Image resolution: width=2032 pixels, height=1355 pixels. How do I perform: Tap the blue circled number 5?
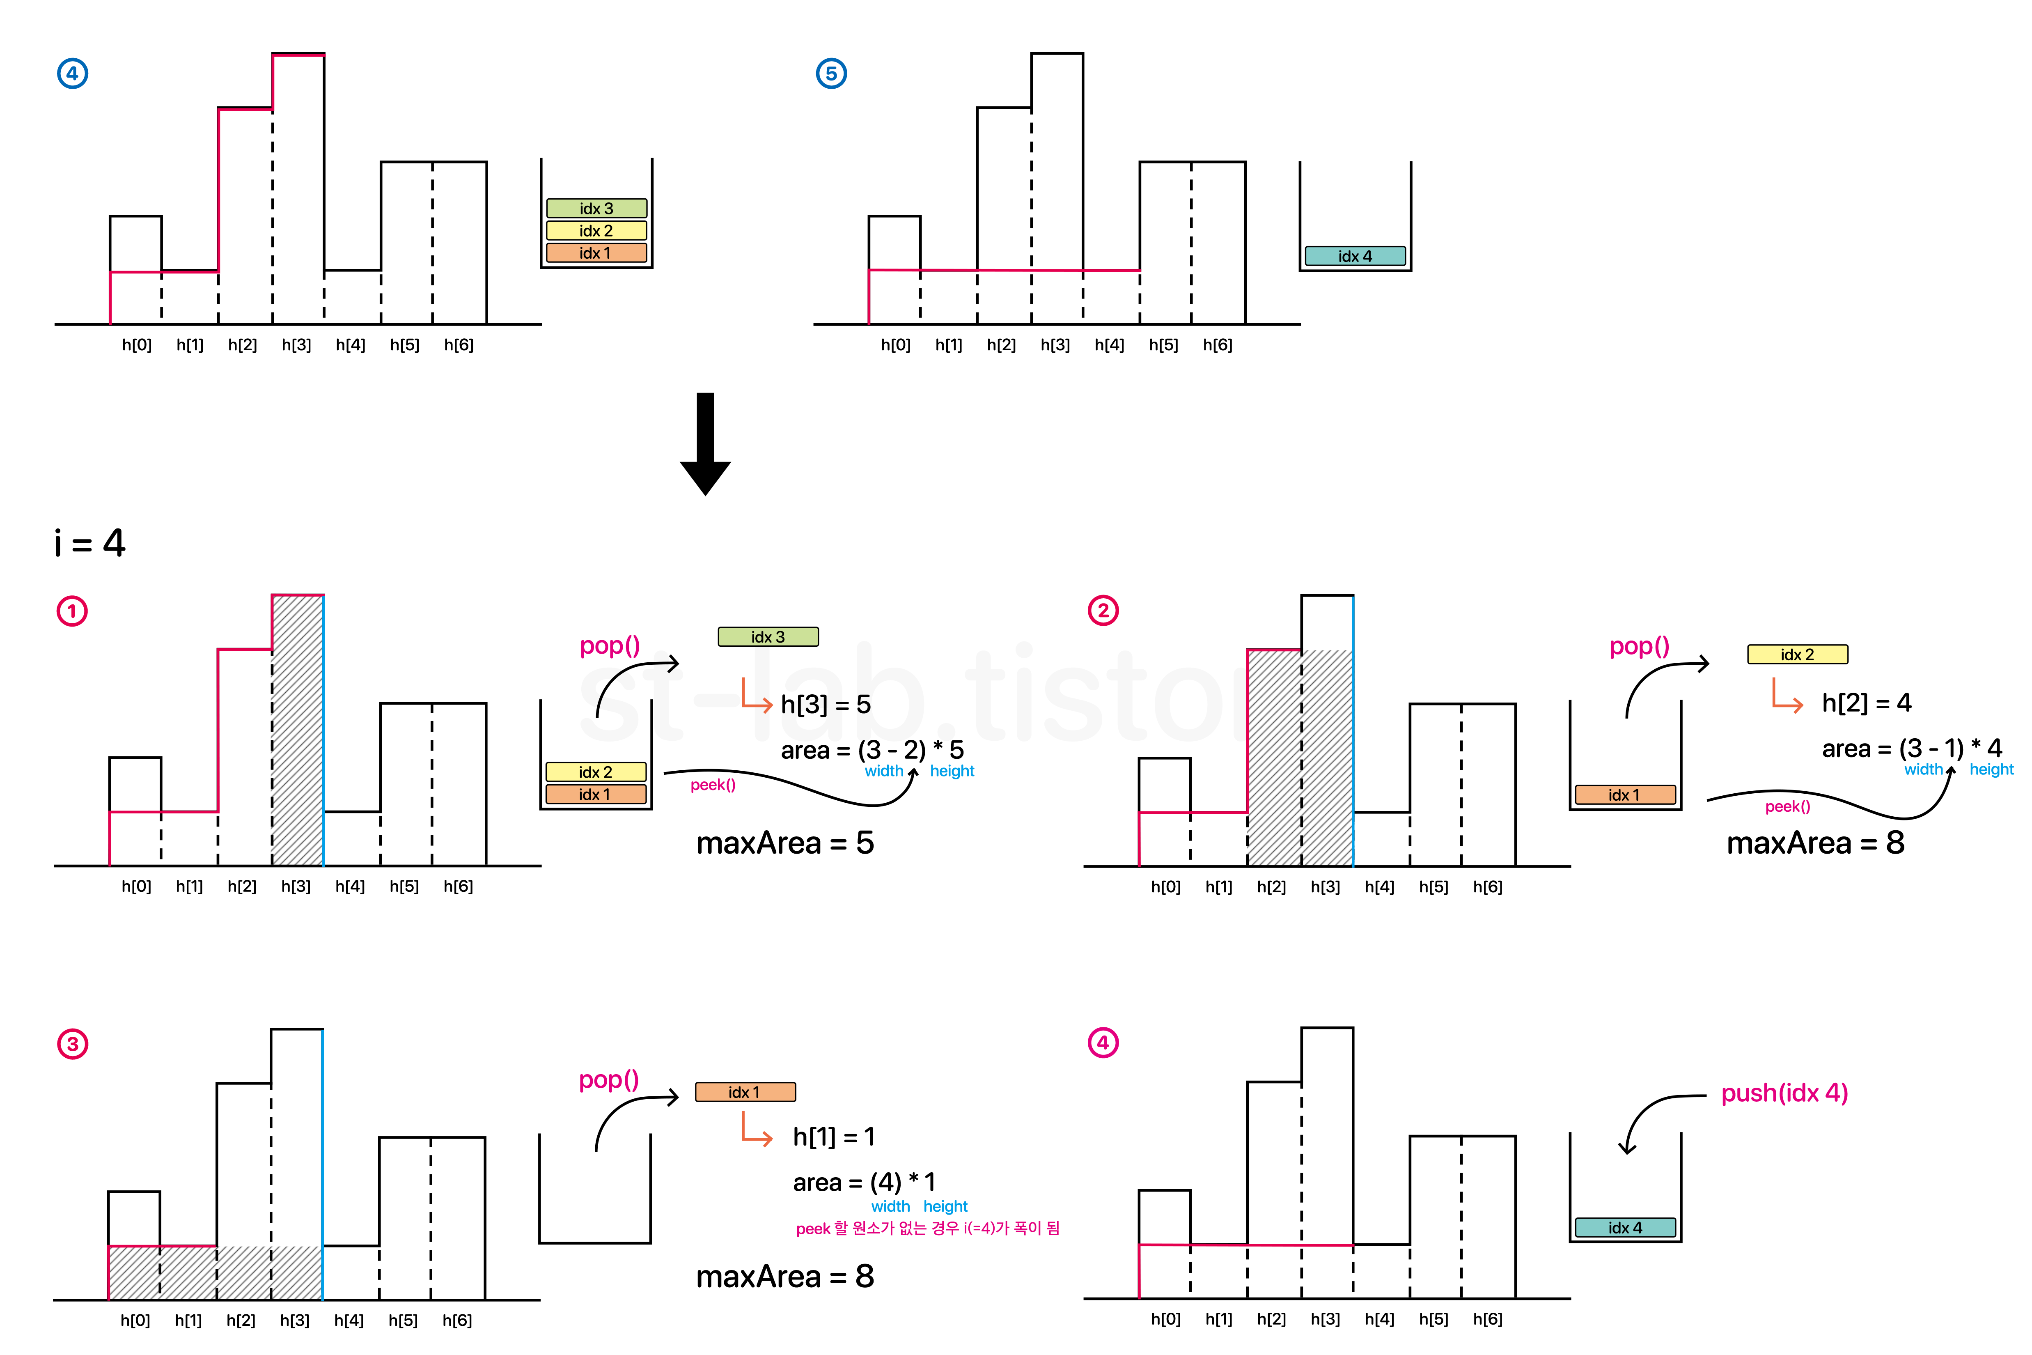pyautogui.click(x=831, y=73)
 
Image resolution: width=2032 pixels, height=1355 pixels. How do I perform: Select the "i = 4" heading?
pyautogui.click(x=90, y=543)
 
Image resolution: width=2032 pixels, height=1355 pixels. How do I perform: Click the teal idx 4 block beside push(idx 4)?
pyautogui.click(x=1624, y=1227)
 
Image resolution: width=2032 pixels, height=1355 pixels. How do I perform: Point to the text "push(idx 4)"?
pyautogui.click(x=1784, y=1093)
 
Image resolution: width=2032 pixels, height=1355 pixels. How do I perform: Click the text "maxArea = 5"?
pyautogui.click(x=784, y=843)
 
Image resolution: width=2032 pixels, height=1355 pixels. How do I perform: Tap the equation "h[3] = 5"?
pyautogui.click(x=825, y=704)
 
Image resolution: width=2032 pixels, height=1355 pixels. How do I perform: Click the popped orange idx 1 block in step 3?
pyautogui.click(x=745, y=1092)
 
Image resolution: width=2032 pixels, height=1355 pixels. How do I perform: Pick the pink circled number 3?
pyautogui.click(x=73, y=1044)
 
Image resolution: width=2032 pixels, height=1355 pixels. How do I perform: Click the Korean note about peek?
pyautogui.click(x=927, y=1228)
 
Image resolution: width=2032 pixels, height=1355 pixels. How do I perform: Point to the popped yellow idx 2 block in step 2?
pyautogui.click(x=1797, y=654)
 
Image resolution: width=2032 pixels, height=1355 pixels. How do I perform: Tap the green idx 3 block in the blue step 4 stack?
pyautogui.click(x=596, y=208)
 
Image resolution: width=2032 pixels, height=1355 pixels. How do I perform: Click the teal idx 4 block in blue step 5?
pyautogui.click(x=1355, y=256)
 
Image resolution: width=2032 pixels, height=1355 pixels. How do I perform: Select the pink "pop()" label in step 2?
pyautogui.click(x=1639, y=646)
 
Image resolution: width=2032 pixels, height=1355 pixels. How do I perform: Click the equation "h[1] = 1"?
pyautogui.click(x=834, y=1137)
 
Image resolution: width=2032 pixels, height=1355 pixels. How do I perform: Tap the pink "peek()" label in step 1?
pyautogui.click(x=713, y=785)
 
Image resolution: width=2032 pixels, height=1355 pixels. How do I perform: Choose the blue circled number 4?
pyautogui.click(x=73, y=73)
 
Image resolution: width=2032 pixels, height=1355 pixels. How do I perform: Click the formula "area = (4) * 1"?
pyautogui.click(x=864, y=1181)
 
